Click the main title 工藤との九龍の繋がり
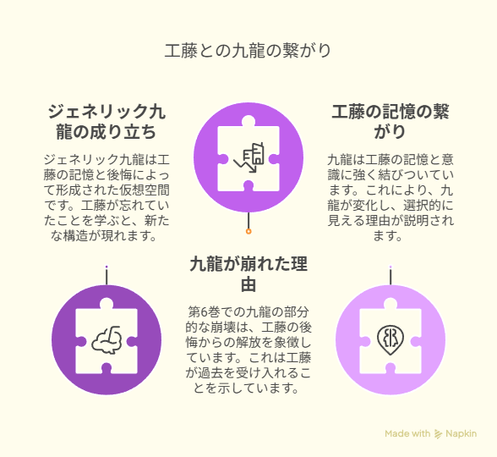(x=248, y=51)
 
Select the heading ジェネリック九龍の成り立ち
(x=106, y=122)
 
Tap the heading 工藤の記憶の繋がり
(x=390, y=122)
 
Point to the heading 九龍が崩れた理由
(x=248, y=274)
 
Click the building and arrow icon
(x=249, y=157)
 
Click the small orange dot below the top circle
(x=248, y=231)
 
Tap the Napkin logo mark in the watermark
(x=438, y=434)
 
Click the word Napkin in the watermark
(x=461, y=434)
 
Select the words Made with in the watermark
(x=407, y=433)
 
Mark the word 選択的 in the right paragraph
(x=423, y=206)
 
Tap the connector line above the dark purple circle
(x=106, y=277)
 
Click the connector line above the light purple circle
(x=390, y=277)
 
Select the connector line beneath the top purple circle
(x=248, y=221)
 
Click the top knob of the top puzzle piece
(x=248, y=121)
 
